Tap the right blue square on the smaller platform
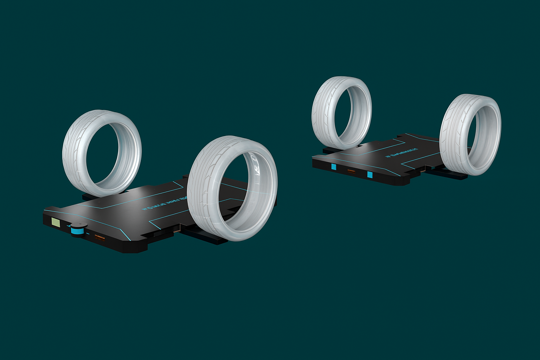coord(370,174)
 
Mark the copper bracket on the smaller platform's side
coord(424,170)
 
